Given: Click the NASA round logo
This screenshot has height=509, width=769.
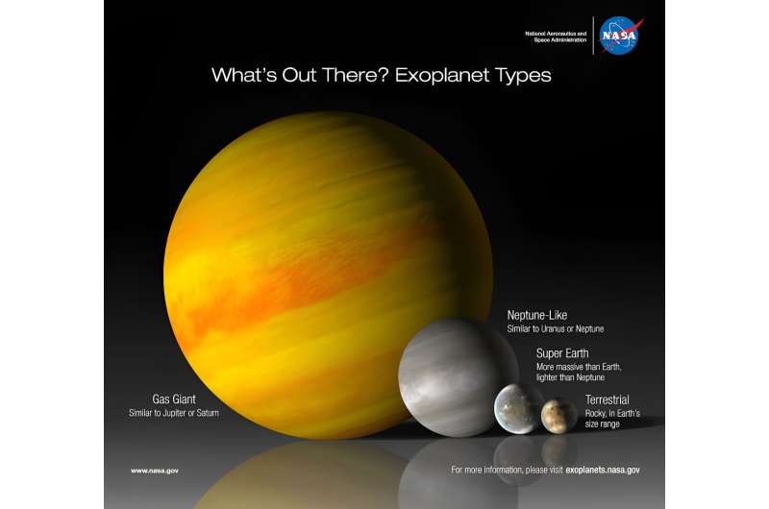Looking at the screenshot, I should (x=617, y=36).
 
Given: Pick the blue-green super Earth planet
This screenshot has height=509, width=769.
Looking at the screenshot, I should (x=519, y=409).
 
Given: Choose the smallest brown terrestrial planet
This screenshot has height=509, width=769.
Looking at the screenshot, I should (x=558, y=415).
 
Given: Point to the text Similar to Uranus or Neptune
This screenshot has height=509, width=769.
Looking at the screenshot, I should (x=556, y=329).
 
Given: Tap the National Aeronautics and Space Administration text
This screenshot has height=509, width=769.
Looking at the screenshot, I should (x=555, y=36).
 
